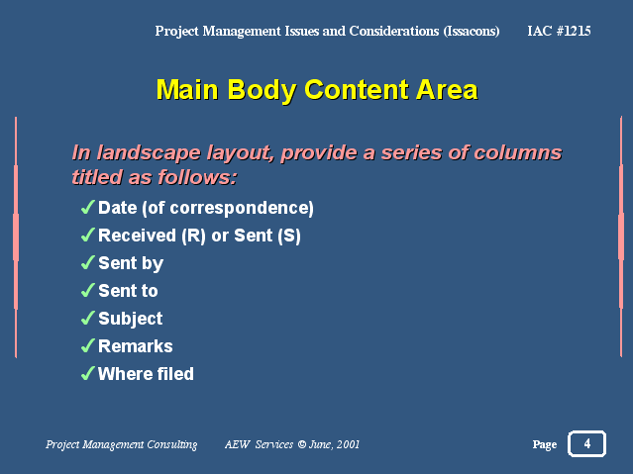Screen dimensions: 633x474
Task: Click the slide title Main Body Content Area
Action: [x=317, y=90]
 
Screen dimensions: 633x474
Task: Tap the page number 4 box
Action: [x=586, y=443]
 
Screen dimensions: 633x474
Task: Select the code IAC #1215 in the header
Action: [x=559, y=31]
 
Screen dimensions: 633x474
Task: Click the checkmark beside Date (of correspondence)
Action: [x=87, y=208]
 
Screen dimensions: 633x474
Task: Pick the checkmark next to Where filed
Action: [x=87, y=373]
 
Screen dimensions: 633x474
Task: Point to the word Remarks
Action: [x=136, y=346]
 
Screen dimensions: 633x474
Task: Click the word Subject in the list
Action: [x=131, y=319]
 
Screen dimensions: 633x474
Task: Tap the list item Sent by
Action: [x=131, y=264]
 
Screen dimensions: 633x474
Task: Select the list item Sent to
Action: [x=128, y=291]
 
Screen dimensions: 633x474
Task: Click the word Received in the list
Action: [x=138, y=236]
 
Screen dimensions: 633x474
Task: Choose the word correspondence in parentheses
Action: [x=240, y=209]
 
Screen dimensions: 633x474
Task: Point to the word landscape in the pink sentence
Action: [x=149, y=153]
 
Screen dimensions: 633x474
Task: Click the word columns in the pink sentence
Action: [x=517, y=153]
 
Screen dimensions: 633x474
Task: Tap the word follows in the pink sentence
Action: [x=194, y=177]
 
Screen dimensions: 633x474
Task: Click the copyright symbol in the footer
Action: [x=302, y=444]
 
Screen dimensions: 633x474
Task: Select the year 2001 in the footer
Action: [x=348, y=444]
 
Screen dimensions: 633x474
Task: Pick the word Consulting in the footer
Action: [x=172, y=444]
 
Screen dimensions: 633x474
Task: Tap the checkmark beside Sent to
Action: [x=87, y=291]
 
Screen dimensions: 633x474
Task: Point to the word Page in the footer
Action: [x=545, y=444]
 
